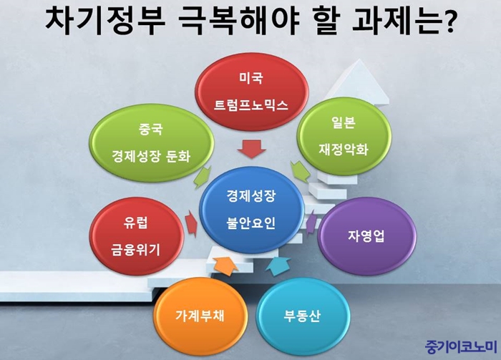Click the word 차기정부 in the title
pyautogui.click(x=105, y=21)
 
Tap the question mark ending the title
pyautogui.click(x=447, y=21)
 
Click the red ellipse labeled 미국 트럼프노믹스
pyautogui.click(x=251, y=92)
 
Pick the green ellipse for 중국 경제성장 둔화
pyautogui.click(x=152, y=143)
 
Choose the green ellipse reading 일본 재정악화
pyautogui.click(x=344, y=137)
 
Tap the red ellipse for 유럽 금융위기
pyautogui.click(x=137, y=236)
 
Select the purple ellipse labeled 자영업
pyautogui.click(x=366, y=236)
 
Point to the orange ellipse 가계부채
pyautogui.click(x=200, y=316)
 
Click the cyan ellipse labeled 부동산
pyautogui.click(x=302, y=316)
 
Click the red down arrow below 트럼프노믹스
pyautogui.click(x=251, y=149)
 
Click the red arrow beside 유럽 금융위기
pyautogui.click(x=191, y=223)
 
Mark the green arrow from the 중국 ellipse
pyautogui.click(x=203, y=177)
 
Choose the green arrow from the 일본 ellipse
pyautogui.click(x=301, y=172)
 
